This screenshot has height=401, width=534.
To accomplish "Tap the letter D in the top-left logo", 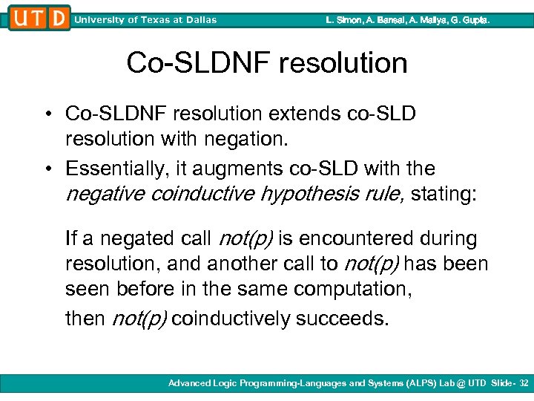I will pos(58,18).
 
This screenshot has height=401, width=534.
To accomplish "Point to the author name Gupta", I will pos(475,20).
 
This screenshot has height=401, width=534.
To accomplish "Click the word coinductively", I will pos(231,319).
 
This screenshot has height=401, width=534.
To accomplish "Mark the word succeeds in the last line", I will pos(342,319).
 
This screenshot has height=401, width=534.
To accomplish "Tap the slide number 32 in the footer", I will pos(524,383).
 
